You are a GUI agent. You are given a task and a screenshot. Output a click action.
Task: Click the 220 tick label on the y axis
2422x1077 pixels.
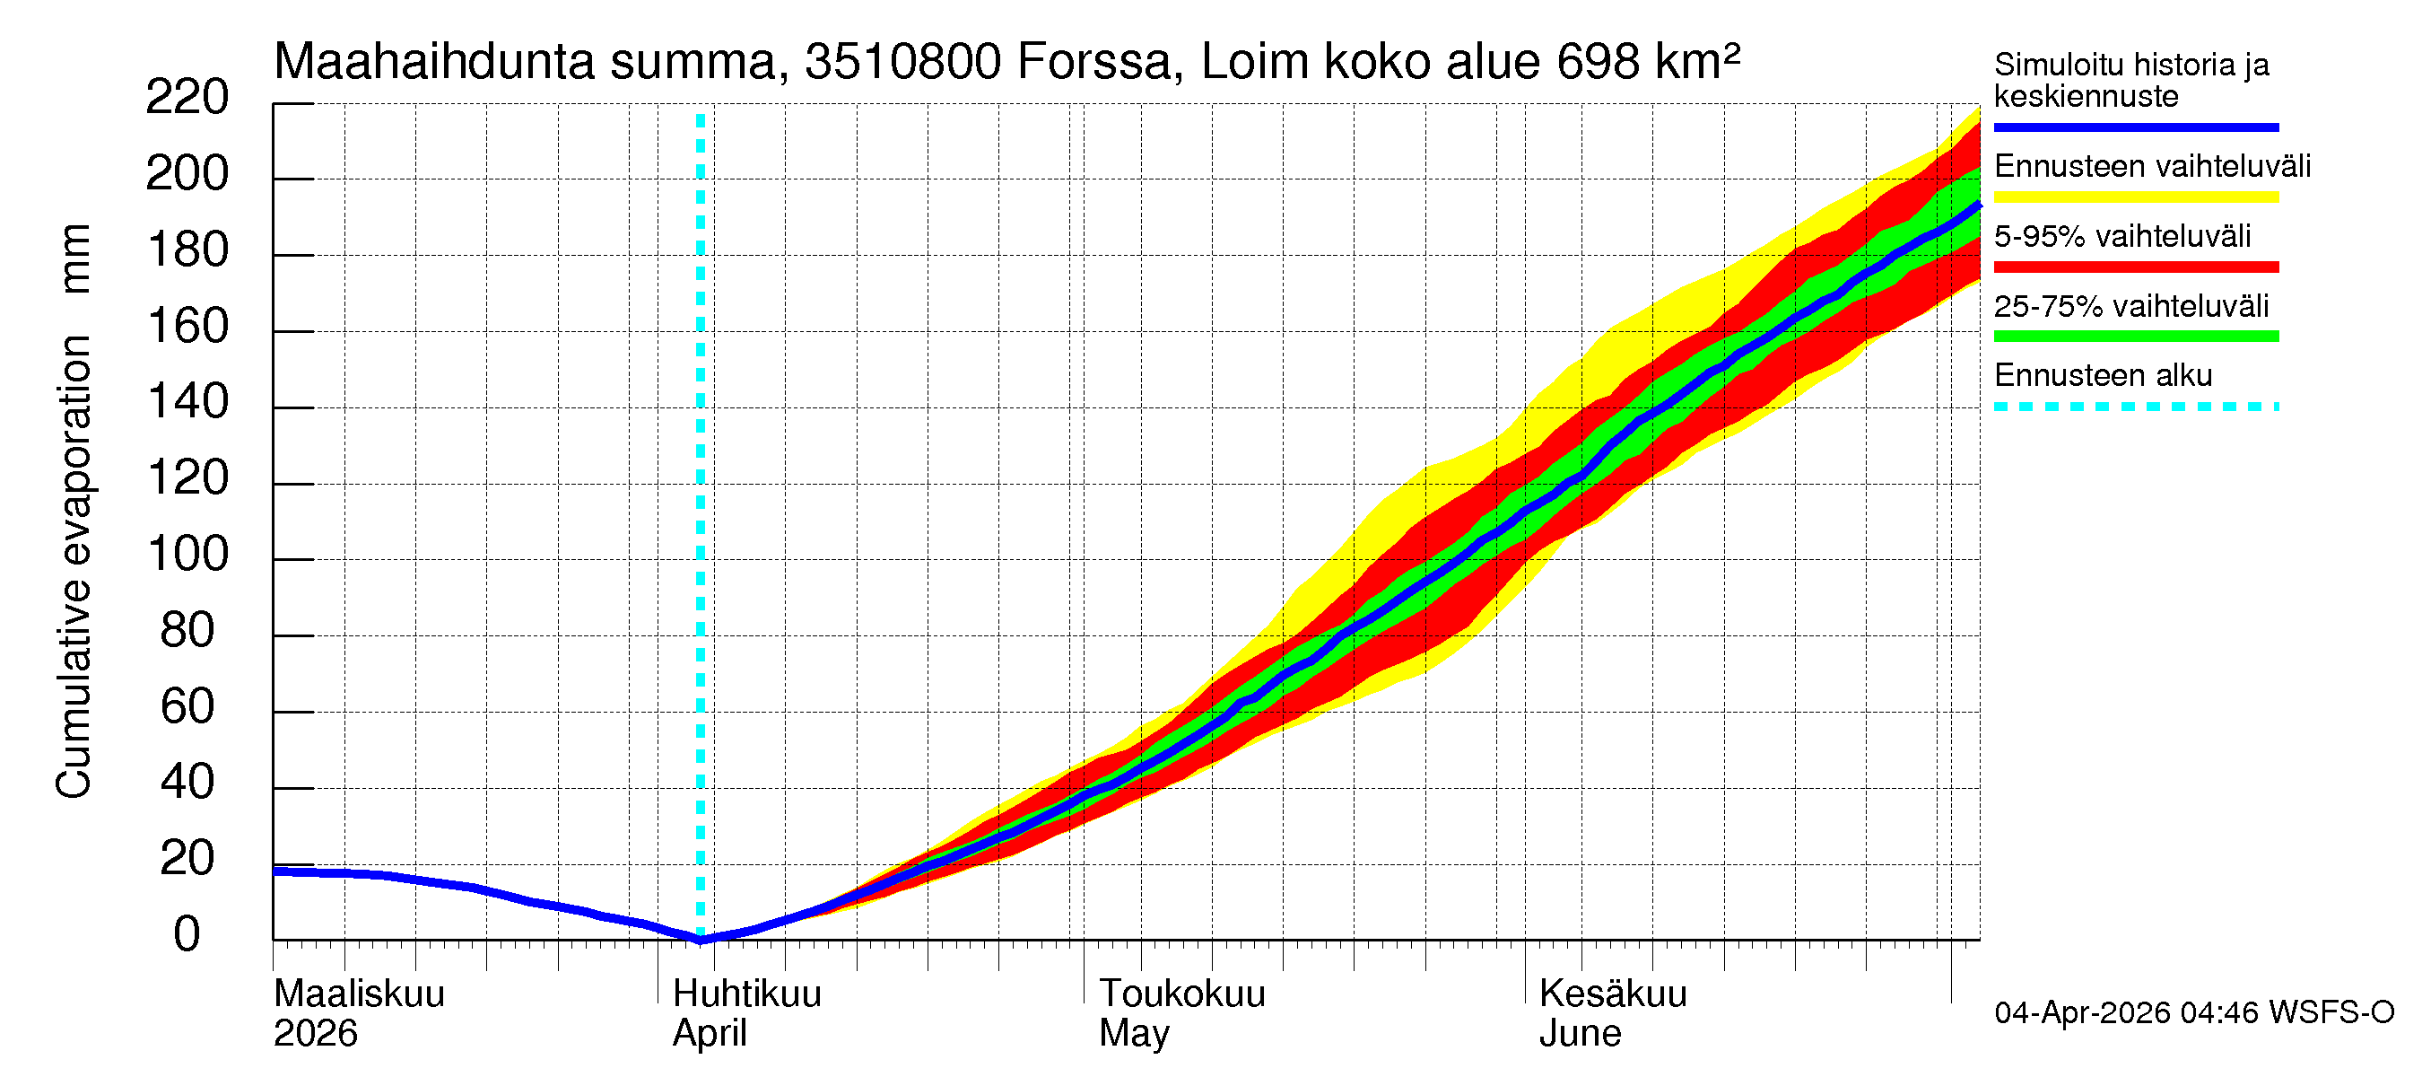(x=187, y=98)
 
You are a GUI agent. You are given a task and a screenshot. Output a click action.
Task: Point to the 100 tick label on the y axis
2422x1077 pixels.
(x=188, y=554)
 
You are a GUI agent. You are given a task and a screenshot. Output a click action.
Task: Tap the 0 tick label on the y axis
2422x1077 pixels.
(x=187, y=935)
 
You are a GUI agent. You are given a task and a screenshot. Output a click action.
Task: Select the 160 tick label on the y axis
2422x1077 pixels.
(x=188, y=327)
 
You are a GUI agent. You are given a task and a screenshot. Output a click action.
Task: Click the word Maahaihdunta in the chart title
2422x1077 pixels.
(x=433, y=62)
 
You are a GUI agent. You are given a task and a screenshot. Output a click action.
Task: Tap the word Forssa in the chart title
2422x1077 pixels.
(x=1094, y=62)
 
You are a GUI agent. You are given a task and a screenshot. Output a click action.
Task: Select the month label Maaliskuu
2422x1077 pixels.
(x=358, y=994)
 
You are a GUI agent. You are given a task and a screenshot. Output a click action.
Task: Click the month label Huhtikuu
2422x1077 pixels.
(x=746, y=994)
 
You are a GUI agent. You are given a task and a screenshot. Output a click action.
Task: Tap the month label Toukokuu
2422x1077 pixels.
(x=1182, y=994)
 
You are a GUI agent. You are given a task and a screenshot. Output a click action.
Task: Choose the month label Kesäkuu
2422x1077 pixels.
(x=1613, y=994)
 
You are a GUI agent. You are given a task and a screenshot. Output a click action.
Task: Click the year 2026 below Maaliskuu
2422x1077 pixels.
(x=315, y=1034)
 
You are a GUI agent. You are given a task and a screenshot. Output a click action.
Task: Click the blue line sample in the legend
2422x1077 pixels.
(x=2135, y=127)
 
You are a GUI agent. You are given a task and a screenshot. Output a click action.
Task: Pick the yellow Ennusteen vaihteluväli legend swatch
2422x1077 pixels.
(x=2135, y=197)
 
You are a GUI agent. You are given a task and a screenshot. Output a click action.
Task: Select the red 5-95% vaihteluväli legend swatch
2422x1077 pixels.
(x=2135, y=267)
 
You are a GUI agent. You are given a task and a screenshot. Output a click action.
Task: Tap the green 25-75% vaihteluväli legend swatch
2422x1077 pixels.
(x=2135, y=337)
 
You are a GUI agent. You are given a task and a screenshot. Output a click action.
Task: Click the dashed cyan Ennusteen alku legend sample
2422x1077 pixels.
(x=2135, y=407)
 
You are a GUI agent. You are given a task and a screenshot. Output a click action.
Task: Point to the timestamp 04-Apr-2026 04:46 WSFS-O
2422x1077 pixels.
(x=2193, y=1013)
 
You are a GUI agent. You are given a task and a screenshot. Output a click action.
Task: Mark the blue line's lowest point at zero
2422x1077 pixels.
(x=701, y=939)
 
